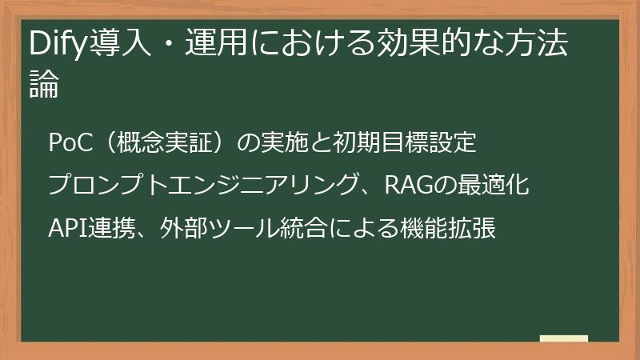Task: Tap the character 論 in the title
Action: [44, 86]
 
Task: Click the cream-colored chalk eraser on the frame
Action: [563, 339]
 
